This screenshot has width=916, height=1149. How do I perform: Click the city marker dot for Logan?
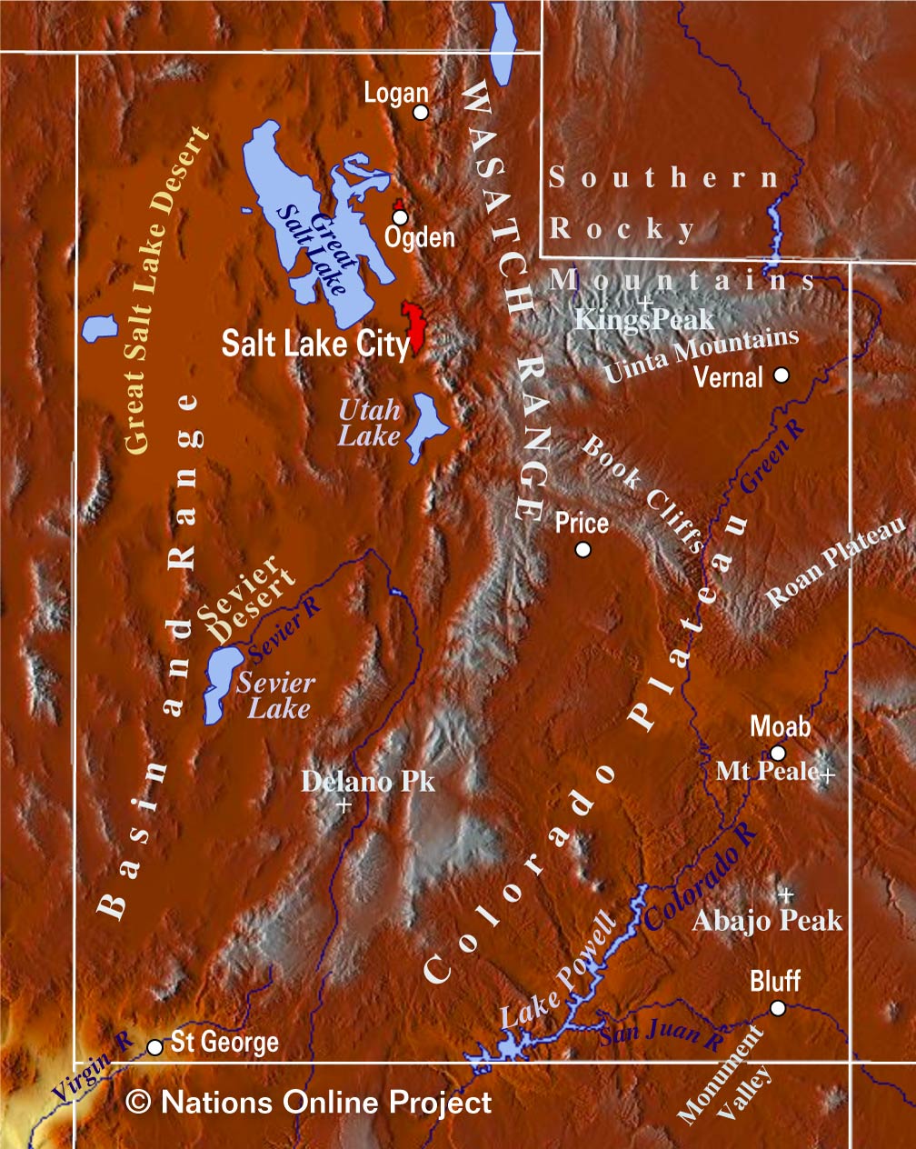tap(420, 112)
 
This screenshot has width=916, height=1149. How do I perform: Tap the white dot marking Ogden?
tap(400, 217)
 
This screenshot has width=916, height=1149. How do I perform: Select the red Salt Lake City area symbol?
tap(415, 327)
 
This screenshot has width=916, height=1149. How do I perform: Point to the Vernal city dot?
tap(781, 375)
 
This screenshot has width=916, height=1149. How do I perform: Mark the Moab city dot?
tap(778, 753)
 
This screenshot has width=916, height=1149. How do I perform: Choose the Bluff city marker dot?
tap(778, 1007)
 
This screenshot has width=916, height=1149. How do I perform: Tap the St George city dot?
tap(155, 1047)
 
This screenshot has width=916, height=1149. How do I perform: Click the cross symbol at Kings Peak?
tap(645, 301)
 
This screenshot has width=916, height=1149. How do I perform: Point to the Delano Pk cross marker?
tap(343, 805)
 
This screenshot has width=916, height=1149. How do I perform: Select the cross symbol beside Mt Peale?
tap(827, 774)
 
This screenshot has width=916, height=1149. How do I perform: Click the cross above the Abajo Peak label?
tap(787, 894)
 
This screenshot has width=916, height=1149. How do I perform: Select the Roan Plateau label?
tap(836, 563)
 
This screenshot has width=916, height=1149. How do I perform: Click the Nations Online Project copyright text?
tap(309, 1103)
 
